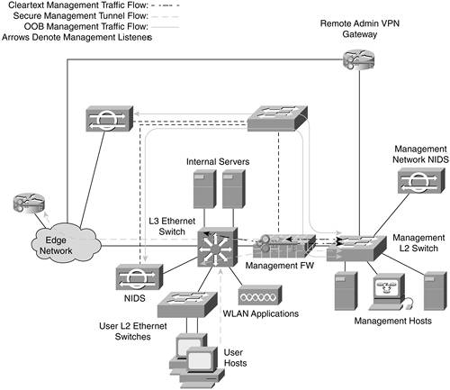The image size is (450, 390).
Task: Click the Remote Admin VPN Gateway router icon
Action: (x=358, y=60)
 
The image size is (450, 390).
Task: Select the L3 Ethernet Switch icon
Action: (x=218, y=247)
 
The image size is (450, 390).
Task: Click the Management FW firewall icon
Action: (x=284, y=246)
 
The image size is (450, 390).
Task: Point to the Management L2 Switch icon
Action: (x=356, y=248)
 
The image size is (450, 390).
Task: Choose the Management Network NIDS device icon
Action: (x=421, y=180)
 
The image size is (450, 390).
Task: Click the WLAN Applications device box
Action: (x=260, y=295)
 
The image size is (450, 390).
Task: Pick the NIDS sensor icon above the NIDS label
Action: (x=139, y=277)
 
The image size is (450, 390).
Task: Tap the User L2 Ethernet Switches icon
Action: (x=187, y=304)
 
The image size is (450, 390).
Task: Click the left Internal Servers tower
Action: (x=205, y=189)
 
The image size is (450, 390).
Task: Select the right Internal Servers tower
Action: (x=234, y=189)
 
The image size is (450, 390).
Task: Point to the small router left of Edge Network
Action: (x=29, y=204)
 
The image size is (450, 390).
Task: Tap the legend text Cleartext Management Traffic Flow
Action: (x=78, y=5)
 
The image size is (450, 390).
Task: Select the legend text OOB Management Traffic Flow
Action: (x=86, y=26)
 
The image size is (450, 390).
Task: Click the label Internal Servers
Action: (x=218, y=161)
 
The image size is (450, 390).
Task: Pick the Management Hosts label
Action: (x=393, y=321)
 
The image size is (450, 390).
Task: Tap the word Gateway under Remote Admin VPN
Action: (x=360, y=34)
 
